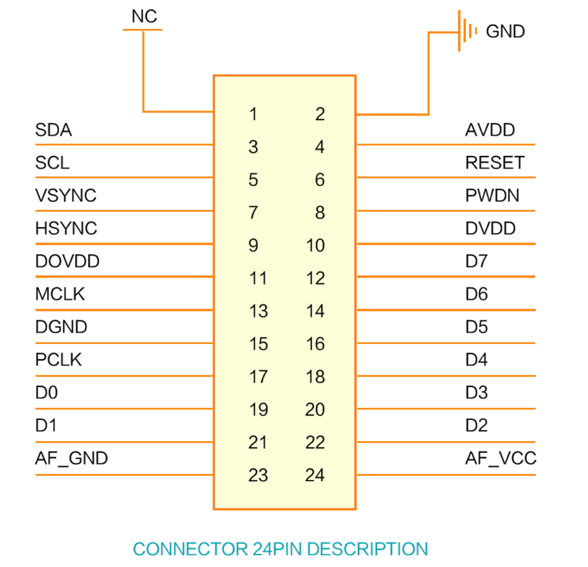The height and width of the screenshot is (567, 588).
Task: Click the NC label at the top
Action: pyautogui.click(x=144, y=16)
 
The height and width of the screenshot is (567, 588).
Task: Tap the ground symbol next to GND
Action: pyautogui.click(x=467, y=31)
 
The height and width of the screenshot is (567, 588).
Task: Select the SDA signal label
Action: pyautogui.click(x=53, y=130)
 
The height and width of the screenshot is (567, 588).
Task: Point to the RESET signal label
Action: pyautogui.click(x=494, y=163)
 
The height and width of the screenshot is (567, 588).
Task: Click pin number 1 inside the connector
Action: pyautogui.click(x=253, y=114)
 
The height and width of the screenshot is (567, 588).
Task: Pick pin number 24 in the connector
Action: pyautogui.click(x=315, y=475)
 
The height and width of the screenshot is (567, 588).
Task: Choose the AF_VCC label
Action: pyautogui.click(x=501, y=458)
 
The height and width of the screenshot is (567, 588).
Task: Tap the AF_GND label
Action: pyautogui.click(x=72, y=458)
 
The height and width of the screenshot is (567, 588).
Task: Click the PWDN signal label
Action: pyautogui.click(x=492, y=195)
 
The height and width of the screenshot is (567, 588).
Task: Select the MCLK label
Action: pyautogui.click(x=60, y=294)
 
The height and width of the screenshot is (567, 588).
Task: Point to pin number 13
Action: pyautogui.click(x=259, y=311)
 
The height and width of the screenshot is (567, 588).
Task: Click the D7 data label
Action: pyautogui.click(x=476, y=261)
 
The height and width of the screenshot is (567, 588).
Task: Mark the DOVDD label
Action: pyautogui.click(x=68, y=261)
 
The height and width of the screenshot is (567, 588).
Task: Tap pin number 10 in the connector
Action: pyautogui.click(x=316, y=246)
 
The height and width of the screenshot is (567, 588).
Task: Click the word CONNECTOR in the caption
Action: pyautogui.click(x=190, y=549)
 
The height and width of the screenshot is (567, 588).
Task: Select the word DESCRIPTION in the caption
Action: pyautogui.click(x=367, y=549)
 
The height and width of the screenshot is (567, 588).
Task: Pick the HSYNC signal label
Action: pyautogui.click(x=66, y=228)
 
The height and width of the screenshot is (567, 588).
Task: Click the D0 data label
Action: pyautogui.click(x=47, y=393)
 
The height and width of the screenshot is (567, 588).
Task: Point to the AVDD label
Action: pyautogui.click(x=490, y=130)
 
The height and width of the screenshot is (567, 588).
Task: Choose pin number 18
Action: pyautogui.click(x=316, y=376)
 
